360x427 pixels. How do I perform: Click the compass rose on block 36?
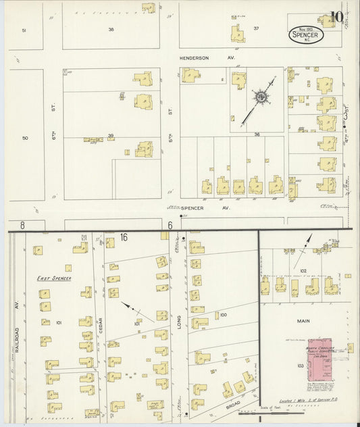(x=260, y=99)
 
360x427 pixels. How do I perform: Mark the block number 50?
(x=25, y=139)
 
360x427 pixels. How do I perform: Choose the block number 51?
(x=24, y=30)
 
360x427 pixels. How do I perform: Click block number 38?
(x=111, y=29)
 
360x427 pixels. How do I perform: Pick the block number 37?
(x=256, y=28)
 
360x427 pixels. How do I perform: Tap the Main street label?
(x=303, y=322)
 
